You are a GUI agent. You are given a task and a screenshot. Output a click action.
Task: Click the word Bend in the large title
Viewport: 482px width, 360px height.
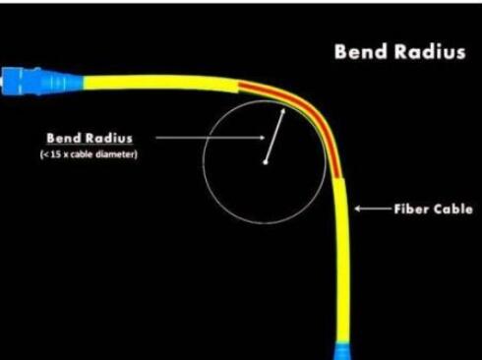pyautogui.click(x=360, y=52)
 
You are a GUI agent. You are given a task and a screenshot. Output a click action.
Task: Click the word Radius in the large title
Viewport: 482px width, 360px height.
pyautogui.click(x=430, y=52)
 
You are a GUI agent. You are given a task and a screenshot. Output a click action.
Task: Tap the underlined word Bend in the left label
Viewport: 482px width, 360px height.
pyautogui.click(x=62, y=138)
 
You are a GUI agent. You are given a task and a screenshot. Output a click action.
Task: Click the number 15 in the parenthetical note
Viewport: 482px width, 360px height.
pyautogui.click(x=56, y=154)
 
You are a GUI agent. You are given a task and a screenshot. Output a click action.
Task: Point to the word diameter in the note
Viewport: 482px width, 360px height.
pyautogui.click(x=115, y=154)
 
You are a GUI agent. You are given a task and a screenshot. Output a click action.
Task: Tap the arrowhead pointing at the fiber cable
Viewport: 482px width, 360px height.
pyautogui.click(x=358, y=209)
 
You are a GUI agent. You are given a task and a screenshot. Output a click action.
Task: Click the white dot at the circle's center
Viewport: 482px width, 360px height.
pyautogui.click(x=266, y=162)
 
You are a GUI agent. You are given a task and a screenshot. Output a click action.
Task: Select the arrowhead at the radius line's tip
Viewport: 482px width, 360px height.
pyautogui.click(x=282, y=112)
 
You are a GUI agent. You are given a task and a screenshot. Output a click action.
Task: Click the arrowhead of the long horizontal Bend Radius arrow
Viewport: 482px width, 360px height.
pyautogui.click(x=262, y=138)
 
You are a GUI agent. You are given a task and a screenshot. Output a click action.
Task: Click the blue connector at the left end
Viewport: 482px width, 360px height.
pyautogui.click(x=42, y=81)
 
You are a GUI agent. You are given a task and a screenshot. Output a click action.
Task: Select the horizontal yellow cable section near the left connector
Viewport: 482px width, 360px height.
pyautogui.click(x=160, y=83)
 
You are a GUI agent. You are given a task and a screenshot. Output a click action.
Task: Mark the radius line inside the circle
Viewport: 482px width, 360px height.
pyautogui.click(x=274, y=136)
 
